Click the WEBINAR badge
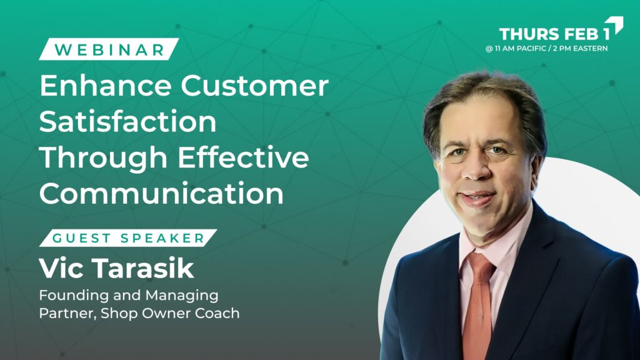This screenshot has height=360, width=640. tap(109, 49)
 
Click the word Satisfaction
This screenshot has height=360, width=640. tap(127, 121)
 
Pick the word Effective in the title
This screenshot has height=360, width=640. tap(243, 157)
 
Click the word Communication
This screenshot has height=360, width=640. tap(162, 193)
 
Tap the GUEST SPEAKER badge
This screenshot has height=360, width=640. tap(128, 238)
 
